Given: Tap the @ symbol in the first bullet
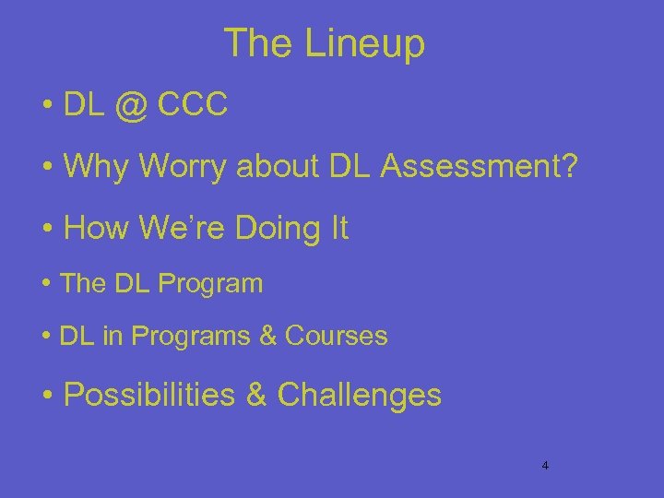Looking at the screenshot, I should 132,105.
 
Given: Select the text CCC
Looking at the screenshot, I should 193,105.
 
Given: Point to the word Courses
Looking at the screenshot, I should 337,337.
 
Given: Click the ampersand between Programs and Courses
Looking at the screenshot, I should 269,337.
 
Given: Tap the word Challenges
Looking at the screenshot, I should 359,395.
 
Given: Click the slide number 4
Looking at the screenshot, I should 545,466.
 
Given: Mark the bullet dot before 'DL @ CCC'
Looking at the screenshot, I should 46,107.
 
